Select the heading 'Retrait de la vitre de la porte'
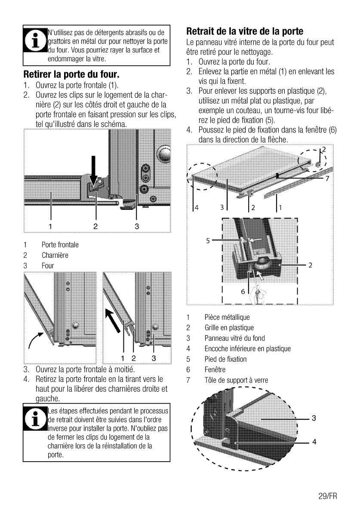[x=245, y=31]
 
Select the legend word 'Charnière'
[x=55, y=255]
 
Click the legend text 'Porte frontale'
[x=60, y=245]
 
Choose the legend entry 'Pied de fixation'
[x=225, y=359]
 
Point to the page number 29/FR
[x=326, y=496]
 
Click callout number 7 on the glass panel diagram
[x=327, y=179]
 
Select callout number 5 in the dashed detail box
[x=209, y=241]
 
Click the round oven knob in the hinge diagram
[x=163, y=154]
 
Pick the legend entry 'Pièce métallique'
[x=227, y=318]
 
